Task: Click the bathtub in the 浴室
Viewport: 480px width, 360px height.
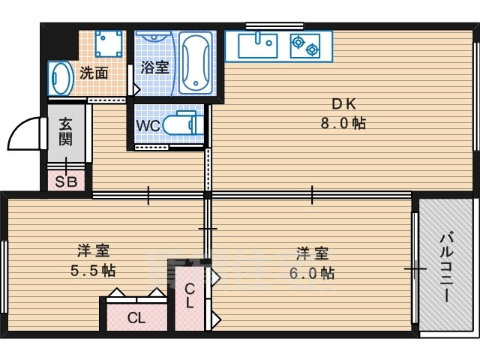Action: pyautogui.click(x=196, y=63)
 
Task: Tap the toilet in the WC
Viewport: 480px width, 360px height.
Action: pyautogui.click(x=183, y=123)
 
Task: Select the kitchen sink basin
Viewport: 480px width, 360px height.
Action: pyautogui.click(x=258, y=45)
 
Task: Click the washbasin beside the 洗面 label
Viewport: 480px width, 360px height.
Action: pyautogui.click(x=61, y=78)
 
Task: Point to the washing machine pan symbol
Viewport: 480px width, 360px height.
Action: pyautogui.click(x=108, y=43)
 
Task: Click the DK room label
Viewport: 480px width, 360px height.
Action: pyautogui.click(x=344, y=104)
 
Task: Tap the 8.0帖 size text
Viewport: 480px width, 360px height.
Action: pyautogui.click(x=343, y=123)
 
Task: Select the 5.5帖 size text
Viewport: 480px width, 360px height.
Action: pyautogui.click(x=93, y=271)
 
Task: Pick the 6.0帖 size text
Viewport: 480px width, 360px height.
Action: pyautogui.click(x=312, y=273)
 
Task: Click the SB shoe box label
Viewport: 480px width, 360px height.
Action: pyautogui.click(x=66, y=181)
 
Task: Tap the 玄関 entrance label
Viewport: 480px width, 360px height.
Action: pyautogui.click(x=65, y=132)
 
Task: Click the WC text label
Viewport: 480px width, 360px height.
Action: pyautogui.click(x=148, y=125)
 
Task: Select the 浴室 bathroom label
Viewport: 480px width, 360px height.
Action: pyautogui.click(x=155, y=67)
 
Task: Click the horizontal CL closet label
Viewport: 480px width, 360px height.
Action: pyautogui.click(x=136, y=318)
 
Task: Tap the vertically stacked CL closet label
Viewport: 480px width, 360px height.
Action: pyautogui.click(x=190, y=295)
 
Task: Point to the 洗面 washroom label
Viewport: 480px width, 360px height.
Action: pyautogui.click(x=94, y=73)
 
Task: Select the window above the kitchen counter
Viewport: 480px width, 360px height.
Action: pyautogui.click(x=274, y=25)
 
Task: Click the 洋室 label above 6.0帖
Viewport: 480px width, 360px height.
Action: pyautogui.click(x=312, y=253)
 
